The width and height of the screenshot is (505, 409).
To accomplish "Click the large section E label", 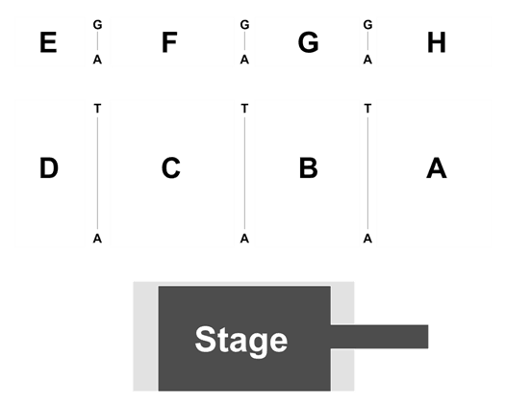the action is tap(48, 42).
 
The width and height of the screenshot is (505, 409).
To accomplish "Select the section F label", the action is tap(169, 42).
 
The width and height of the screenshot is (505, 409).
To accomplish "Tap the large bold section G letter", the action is tap(308, 42).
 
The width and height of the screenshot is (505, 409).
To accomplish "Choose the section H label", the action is tap(437, 42).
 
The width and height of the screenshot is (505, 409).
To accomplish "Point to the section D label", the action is tap(49, 167).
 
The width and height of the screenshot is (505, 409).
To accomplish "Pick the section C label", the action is tap(170, 167).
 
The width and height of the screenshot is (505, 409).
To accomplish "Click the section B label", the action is tap(309, 167).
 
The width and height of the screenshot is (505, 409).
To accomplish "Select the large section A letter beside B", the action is tap(437, 167).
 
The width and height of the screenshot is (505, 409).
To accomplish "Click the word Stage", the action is tap(241, 341).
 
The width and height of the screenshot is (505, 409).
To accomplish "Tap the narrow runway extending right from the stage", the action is tap(379, 337).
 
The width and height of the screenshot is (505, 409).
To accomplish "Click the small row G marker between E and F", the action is tap(97, 25).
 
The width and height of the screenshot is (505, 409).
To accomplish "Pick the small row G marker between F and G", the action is tap(244, 25).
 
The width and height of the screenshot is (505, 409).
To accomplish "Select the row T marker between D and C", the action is tap(97, 109).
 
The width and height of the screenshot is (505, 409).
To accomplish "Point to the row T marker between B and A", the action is tap(367, 109).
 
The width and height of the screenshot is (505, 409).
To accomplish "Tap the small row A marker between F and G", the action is tap(244, 60).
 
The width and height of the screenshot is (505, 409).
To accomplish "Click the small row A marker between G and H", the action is tap(367, 60).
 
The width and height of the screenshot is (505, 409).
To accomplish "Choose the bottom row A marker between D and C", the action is tap(97, 239).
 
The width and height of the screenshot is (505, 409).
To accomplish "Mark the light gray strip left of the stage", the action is tap(145, 337).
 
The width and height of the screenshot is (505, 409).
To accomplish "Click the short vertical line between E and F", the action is tap(97, 42).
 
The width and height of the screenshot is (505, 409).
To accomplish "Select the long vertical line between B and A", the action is tap(367, 173).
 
